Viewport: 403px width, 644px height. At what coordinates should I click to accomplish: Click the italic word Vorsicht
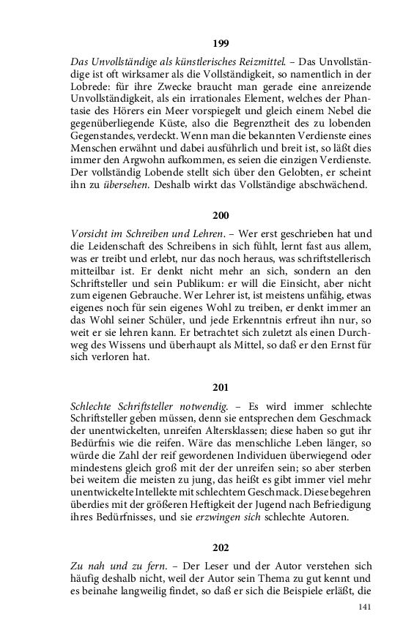(90, 232)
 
